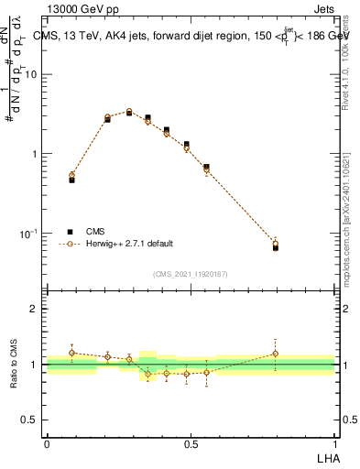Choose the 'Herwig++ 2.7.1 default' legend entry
(x=129, y=244)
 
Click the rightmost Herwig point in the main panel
(x=276, y=244)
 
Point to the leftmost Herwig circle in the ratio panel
(x=72, y=353)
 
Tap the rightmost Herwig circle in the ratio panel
(x=276, y=354)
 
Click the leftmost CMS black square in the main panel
(x=72, y=180)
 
